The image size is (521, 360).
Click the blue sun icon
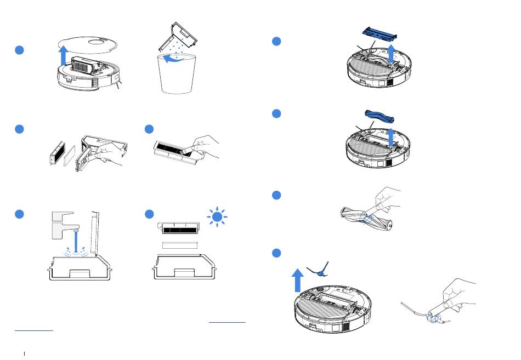click(x=218, y=218)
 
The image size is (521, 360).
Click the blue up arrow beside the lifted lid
click(x=64, y=56)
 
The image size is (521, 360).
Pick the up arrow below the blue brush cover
click(x=390, y=55)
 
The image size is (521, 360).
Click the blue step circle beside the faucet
click(x=19, y=214)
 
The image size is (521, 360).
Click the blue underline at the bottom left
click(x=33, y=330)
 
